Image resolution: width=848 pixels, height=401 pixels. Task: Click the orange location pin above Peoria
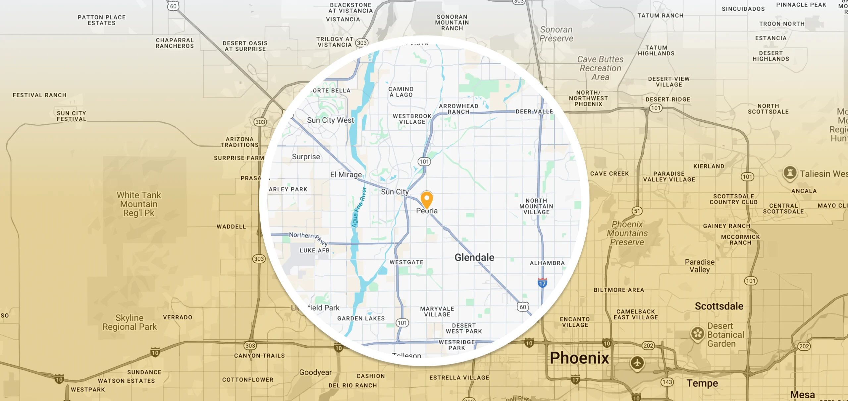(x=427, y=199)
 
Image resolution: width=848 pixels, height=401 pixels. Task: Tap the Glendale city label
(x=474, y=257)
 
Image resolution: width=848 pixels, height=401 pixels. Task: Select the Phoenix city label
(x=579, y=358)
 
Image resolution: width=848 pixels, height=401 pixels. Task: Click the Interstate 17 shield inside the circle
(x=542, y=283)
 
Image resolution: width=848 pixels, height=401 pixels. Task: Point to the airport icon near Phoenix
(x=637, y=363)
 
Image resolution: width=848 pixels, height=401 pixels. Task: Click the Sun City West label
(x=330, y=120)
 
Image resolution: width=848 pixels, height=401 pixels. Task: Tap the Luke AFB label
(x=314, y=250)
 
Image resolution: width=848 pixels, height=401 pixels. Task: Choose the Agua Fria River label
(x=359, y=207)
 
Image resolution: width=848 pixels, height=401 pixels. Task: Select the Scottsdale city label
(x=719, y=306)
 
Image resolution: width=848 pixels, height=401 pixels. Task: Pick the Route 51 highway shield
(x=637, y=211)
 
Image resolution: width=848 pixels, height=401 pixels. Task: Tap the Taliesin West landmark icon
(x=790, y=173)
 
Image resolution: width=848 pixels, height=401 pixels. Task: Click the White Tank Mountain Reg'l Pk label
(x=139, y=204)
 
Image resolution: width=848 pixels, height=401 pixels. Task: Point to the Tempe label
(x=702, y=383)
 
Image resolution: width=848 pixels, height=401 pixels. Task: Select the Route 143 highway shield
(x=667, y=382)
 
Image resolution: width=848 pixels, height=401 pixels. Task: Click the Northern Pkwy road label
(x=308, y=238)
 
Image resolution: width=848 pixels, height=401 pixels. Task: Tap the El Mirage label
(x=346, y=175)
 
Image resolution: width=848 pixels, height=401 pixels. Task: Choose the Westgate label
(x=406, y=262)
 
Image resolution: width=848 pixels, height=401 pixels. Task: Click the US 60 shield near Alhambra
(x=523, y=307)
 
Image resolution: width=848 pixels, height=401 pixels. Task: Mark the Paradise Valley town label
(x=700, y=266)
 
